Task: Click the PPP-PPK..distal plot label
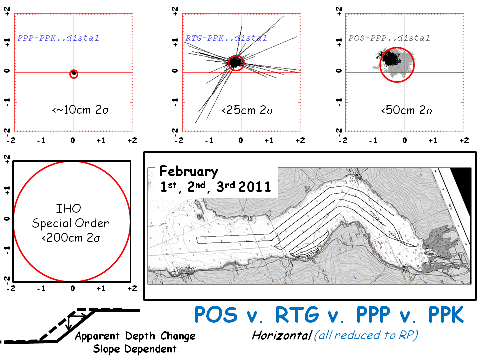point(58,38)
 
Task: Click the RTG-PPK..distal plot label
point(226,38)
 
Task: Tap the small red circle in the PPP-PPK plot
point(74,74)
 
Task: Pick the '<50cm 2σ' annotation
point(406,110)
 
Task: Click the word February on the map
point(189,172)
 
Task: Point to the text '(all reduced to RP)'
point(366,335)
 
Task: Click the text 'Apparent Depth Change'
point(135,336)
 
